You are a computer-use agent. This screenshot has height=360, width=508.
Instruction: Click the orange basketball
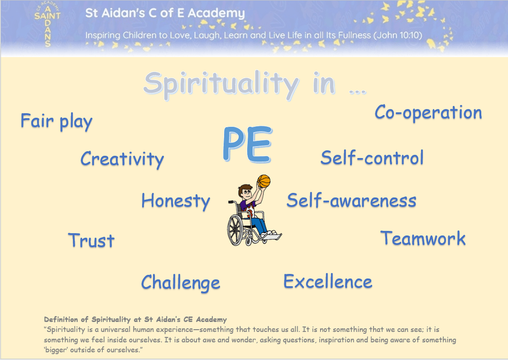click(x=264, y=181)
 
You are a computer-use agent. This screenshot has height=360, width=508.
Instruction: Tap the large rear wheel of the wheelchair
click(x=235, y=230)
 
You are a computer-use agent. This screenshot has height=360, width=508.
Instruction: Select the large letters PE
click(x=248, y=144)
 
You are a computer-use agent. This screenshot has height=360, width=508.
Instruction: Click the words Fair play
click(x=56, y=122)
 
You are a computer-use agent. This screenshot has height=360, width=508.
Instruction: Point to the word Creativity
click(x=122, y=159)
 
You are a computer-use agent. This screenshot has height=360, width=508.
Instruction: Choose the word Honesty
click(x=176, y=201)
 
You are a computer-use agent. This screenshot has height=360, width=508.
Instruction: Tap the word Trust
click(x=91, y=240)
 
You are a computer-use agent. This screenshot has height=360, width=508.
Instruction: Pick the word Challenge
click(x=181, y=283)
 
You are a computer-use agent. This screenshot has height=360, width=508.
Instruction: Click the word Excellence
click(x=328, y=282)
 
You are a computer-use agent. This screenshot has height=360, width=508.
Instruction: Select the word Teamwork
click(x=423, y=238)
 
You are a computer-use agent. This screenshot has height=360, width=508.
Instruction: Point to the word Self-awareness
click(x=352, y=200)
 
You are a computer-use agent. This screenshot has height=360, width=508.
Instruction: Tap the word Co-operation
click(x=428, y=113)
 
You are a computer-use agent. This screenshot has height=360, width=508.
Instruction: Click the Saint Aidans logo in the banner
click(x=47, y=24)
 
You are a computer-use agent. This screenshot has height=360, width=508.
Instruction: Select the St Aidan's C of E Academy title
click(x=165, y=13)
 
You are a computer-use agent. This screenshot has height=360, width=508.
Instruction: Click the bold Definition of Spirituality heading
click(x=135, y=319)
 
